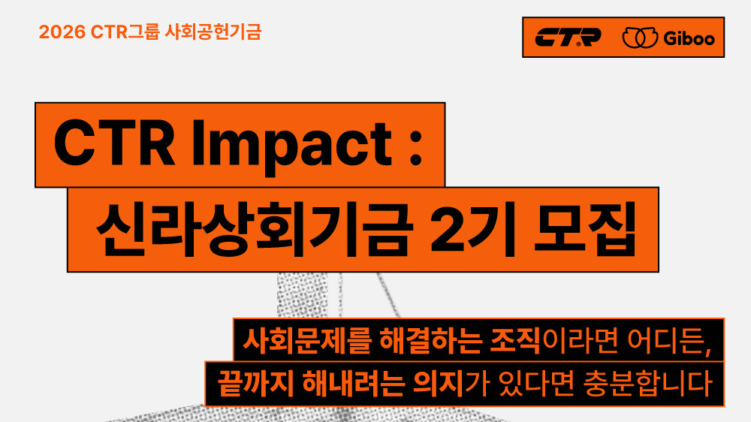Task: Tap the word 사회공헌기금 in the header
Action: [x=213, y=32]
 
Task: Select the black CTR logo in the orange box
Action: [x=568, y=38]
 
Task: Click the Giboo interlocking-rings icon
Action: [x=640, y=38]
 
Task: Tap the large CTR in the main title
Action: [x=114, y=143]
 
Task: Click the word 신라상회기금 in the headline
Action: [x=255, y=230]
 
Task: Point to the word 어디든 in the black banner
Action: [x=665, y=341]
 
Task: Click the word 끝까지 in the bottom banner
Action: [x=255, y=383]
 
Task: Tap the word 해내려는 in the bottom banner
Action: [x=353, y=383]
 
